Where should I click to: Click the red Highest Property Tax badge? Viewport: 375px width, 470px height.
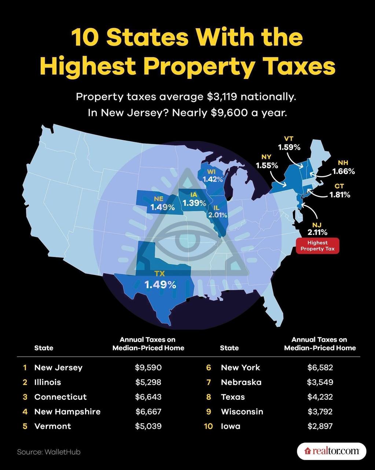pyautogui.click(x=317, y=246)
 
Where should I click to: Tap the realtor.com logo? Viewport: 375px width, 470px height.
pyautogui.click(x=331, y=451)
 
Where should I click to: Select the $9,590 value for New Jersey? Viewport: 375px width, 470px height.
pyautogui.click(x=148, y=368)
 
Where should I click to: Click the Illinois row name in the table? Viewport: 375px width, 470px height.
pyautogui.click(x=48, y=382)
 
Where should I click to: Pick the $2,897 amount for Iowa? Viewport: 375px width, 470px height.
pyautogui.click(x=320, y=426)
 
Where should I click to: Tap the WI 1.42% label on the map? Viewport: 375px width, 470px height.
pyautogui.click(x=213, y=176)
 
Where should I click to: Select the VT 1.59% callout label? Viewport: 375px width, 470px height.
pyautogui.click(x=289, y=144)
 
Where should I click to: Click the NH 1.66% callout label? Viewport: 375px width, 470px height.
pyautogui.click(x=343, y=168)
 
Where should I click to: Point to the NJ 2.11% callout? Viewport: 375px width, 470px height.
pyautogui.click(x=317, y=228)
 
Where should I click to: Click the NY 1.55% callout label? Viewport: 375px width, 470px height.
pyautogui.click(x=267, y=162)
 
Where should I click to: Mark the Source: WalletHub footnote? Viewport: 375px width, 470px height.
pyautogui.click(x=49, y=452)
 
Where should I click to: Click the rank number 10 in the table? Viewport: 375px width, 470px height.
pyautogui.click(x=208, y=426)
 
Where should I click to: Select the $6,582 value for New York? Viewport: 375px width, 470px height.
pyautogui.click(x=320, y=368)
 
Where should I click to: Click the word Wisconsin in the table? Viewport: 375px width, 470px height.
pyautogui.click(x=242, y=412)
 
